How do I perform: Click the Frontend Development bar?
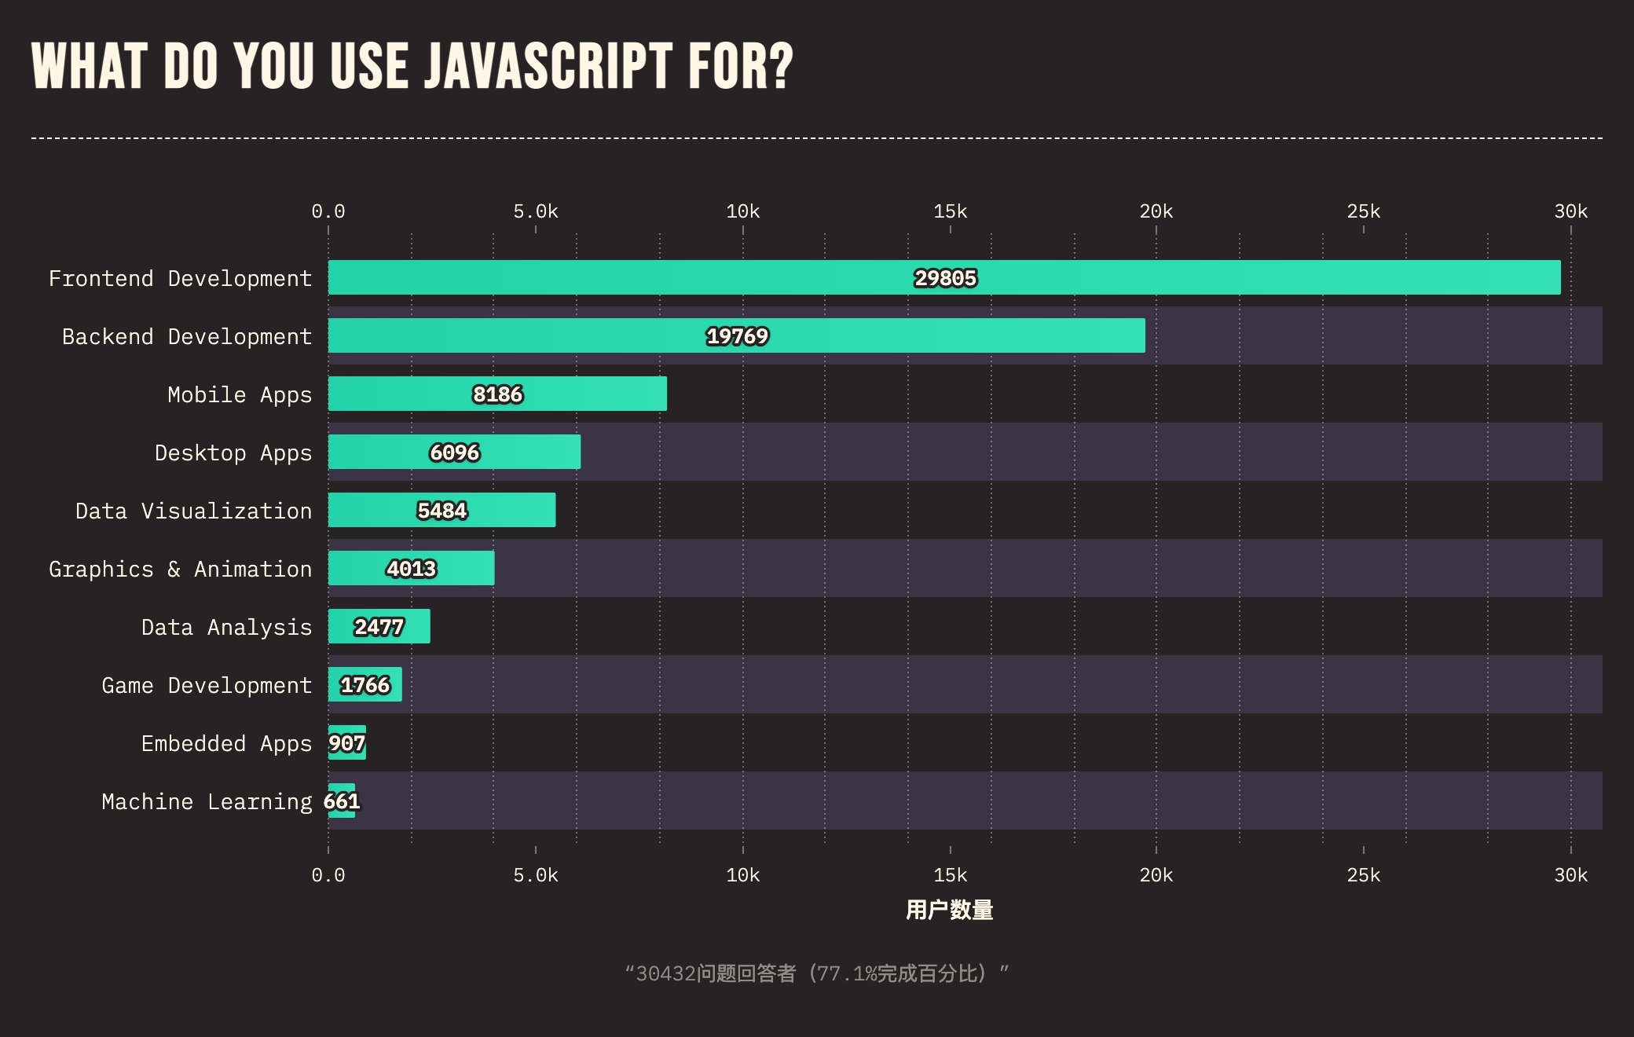pyautogui.click(x=628, y=277)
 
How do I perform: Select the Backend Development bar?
pyautogui.click(x=550, y=335)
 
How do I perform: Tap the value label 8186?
pyautogui.click(x=497, y=394)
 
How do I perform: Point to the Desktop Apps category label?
pyautogui.click(x=233, y=453)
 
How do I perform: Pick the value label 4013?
pyautogui.click(x=411, y=569)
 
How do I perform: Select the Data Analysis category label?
pyautogui.click(x=226, y=628)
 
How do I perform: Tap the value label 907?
pyautogui.click(x=346, y=743)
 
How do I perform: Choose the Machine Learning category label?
pyautogui.click(x=207, y=802)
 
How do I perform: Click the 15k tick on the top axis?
pyautogui.click(x=950, y=211)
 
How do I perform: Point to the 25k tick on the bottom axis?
pyautogui.click(x=1363, y=875)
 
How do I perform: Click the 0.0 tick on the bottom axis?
pyautogui.click(x=328, y=875)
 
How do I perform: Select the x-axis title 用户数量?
pyautogui.click(x=949, y=910)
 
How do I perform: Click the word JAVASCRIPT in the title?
pyautogui.click(x=548, y=66)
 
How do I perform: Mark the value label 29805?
pyautogui.click(x=945, y=278)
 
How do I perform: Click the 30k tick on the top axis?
pyautogui.click(x=1570, y=211)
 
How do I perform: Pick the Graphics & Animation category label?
pyautogui.click(x=180, y=570)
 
